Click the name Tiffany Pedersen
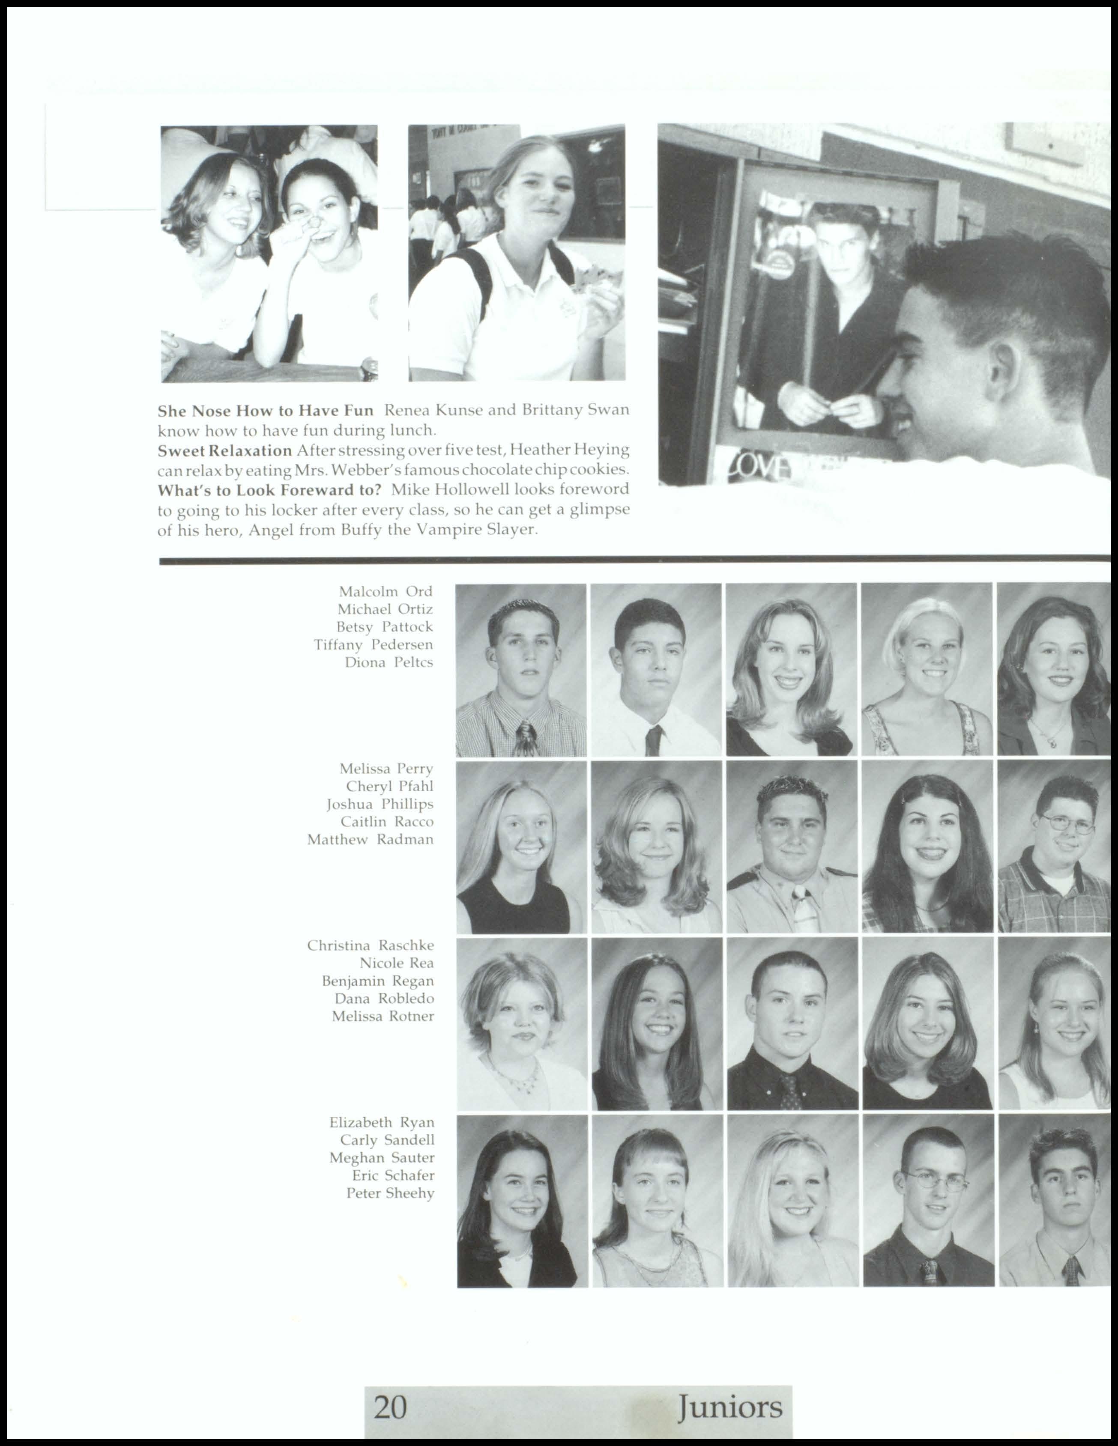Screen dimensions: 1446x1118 click(373, 644)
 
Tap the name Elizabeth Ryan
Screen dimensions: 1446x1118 click(382, 1122)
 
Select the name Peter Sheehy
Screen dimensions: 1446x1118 click(390, 1193)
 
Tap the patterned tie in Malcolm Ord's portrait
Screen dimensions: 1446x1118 click(525, 738)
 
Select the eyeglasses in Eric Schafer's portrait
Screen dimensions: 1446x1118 click(933, 1179)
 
